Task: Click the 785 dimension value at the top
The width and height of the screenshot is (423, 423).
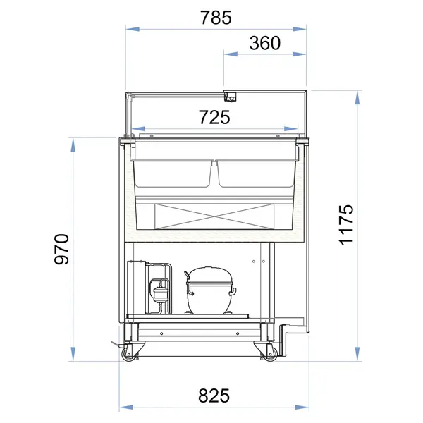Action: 216,18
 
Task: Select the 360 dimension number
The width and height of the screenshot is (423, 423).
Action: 265,43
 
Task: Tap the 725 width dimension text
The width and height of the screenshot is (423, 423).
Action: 215,118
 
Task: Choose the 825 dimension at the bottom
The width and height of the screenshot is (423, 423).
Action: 214,396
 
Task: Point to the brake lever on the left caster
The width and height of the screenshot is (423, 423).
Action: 114,345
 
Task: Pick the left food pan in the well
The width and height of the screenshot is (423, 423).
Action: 173,173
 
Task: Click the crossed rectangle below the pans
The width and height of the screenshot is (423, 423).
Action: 214,216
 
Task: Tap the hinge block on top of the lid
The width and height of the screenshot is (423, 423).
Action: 229,94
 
